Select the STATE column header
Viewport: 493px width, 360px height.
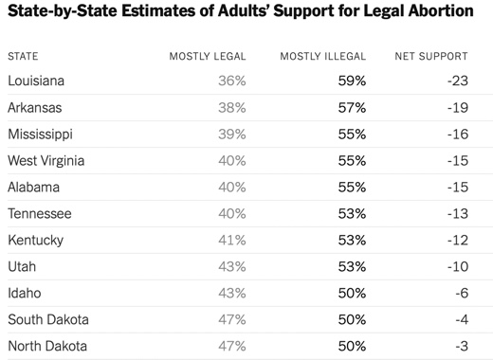point(23,56)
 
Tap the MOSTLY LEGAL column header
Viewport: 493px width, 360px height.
point(208,56)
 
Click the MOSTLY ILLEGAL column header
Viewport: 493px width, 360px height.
point(323,56)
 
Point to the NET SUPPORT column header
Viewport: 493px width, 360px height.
point(431,56)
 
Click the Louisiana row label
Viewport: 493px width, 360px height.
point(36,81)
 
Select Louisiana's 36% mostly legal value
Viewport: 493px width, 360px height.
point(232,81)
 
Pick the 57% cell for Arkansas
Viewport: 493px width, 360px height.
point(352,108)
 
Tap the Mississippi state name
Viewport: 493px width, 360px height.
point(40,135)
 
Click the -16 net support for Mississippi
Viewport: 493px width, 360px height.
point(458,135)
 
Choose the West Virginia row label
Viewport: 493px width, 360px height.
point(46,161)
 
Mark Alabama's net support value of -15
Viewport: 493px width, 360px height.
point(458,188)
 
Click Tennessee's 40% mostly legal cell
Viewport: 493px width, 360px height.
point(232,214)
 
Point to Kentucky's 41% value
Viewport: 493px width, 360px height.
point(232,241)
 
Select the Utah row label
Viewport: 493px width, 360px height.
point(22,267)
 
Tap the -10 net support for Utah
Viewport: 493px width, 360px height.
point(458,267)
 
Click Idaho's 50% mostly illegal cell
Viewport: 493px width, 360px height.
point(352,294)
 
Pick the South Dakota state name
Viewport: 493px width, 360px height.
point(48,319)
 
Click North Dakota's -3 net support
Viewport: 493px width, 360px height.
point(462,347)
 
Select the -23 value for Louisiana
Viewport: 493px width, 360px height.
point(458,81)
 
